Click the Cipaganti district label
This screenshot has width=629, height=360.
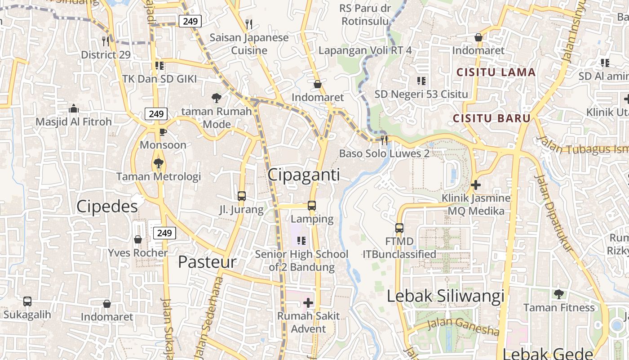pos(304,175)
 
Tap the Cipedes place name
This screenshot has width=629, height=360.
pos(107,207)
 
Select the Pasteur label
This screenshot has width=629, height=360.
pos(207,262)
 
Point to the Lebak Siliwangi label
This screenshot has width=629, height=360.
pos(445,296)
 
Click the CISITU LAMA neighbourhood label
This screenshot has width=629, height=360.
pos(496,72)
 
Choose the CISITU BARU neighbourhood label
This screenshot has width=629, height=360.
pos(492,118)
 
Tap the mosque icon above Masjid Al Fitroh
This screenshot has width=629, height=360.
pos(74,108)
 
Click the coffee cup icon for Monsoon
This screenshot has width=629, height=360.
pos(163,132)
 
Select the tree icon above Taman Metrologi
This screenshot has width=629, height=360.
pos(158,163)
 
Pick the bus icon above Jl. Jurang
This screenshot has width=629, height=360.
pos(242,196)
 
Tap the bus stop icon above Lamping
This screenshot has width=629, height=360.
pos(312,206)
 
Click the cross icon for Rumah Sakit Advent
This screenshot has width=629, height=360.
pos(308,302)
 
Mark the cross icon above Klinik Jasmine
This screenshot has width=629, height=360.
pos(476,184)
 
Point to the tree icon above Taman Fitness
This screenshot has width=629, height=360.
pos(559,294)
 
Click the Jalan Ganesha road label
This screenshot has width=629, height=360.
pos(463,327)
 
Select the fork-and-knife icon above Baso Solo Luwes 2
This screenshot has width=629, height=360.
pos(384,140)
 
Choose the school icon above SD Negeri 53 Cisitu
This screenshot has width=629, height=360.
pos(421,81)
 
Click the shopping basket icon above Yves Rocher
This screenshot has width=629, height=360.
pos(138,239)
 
